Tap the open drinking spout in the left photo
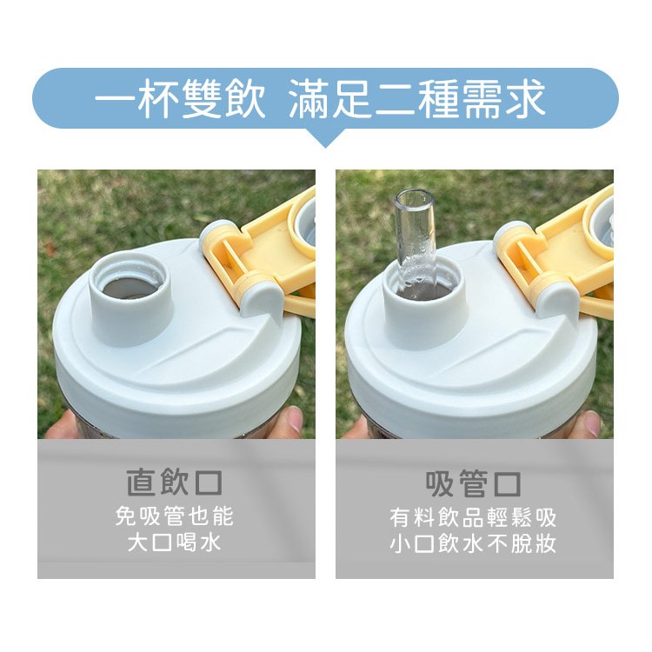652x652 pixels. (130, 297)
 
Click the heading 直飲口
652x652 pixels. (175, 482)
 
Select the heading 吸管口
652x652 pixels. (473, 483)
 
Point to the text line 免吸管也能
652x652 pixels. (175, 516)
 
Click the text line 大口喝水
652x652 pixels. (175, 542)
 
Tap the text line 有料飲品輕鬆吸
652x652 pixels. (473, 517)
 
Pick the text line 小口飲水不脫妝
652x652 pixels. (473, 543)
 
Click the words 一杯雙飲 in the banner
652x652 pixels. (180, 98)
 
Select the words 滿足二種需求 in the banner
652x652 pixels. (417, 98)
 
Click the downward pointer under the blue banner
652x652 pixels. (326, 137)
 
